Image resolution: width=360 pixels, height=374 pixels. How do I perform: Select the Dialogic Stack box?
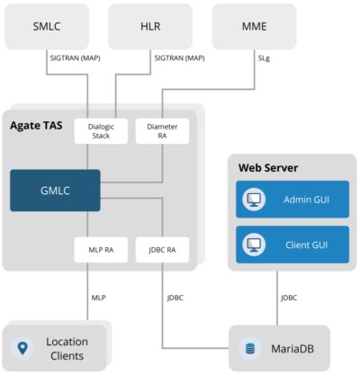[101, 131]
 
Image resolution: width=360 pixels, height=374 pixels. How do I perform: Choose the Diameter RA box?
[162, 131]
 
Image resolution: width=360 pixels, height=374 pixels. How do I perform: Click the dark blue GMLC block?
[56, 190]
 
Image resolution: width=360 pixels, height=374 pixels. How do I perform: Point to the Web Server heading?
[268, 168]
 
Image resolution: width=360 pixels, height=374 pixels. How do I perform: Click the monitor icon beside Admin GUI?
[253, 199]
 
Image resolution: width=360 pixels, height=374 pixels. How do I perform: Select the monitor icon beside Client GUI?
[253, 244]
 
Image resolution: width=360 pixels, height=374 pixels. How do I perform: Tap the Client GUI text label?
[306, 244]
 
